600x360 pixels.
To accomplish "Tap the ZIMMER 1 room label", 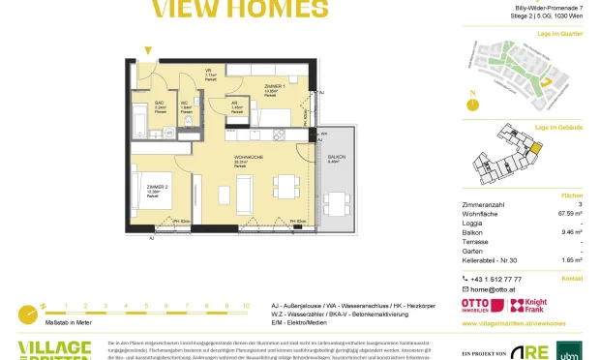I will tap(274, 86).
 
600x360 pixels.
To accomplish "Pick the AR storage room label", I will tap(236, 105).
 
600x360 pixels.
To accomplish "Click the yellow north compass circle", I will tap(471, 104).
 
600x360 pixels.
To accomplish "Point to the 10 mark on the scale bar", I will tap(246, 305).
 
